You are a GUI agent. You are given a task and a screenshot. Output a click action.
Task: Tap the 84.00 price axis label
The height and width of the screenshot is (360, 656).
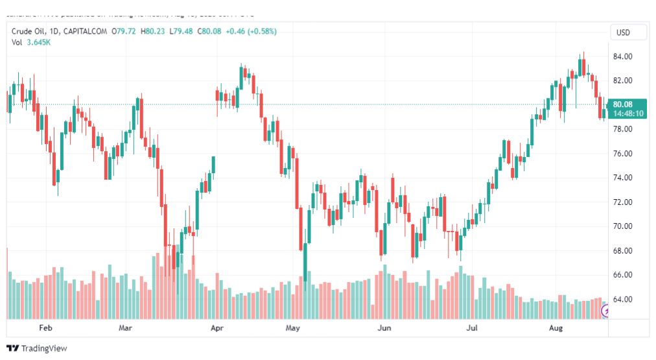(623, 56)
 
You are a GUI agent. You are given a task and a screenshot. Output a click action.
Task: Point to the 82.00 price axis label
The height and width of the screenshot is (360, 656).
(623, 80)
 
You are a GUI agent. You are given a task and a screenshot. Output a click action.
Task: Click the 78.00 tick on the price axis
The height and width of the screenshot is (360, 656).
(623, 129)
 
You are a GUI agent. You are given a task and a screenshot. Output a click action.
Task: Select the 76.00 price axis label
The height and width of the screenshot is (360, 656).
(623, 154)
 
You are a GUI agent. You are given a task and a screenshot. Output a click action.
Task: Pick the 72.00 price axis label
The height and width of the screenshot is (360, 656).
(623, 202)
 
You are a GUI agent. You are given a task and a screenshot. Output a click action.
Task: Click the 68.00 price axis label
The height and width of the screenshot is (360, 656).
(623, 251)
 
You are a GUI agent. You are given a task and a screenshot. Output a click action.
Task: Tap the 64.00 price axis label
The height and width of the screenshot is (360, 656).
(623, 300)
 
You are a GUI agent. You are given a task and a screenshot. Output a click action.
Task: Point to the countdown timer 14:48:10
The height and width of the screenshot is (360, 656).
(628, 114)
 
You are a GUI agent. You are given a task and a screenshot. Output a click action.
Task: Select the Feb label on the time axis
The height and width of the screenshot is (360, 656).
(45, 328)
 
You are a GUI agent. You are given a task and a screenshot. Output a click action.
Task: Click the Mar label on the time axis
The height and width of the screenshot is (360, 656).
(126, 328)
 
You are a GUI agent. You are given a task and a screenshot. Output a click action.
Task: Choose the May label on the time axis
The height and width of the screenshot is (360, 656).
(294, 328)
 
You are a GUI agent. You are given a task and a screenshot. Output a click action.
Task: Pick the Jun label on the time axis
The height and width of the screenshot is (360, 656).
(385, 328)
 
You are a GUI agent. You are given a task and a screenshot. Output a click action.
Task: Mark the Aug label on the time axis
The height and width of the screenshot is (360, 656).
(557, 328)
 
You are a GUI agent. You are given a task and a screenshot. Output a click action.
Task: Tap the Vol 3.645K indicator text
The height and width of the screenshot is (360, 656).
(31, 42)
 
